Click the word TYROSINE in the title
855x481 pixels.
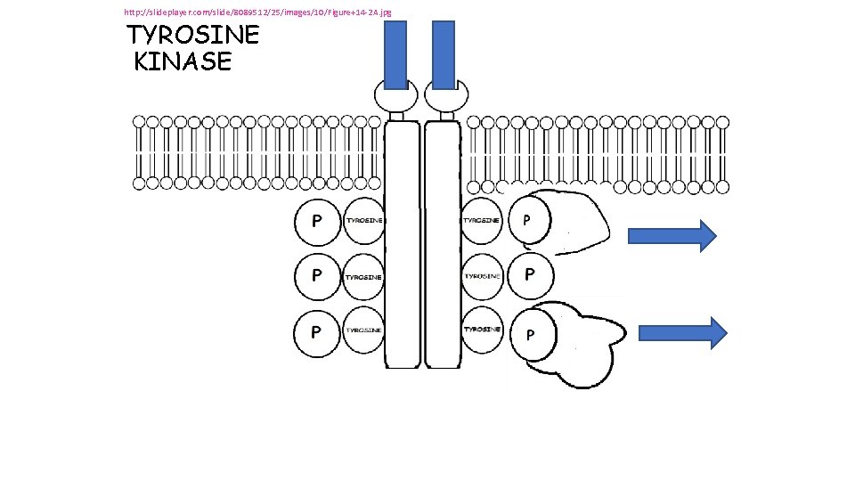(193, 36)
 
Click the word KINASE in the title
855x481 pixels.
(183, 61)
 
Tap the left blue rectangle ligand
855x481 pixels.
(395, 55)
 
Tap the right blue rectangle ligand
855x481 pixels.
(443, 55)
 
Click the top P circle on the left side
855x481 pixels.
(317, 221)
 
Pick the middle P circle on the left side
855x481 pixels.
(317, 276)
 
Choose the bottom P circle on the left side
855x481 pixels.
(317, 332)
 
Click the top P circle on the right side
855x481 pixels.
(529, 219)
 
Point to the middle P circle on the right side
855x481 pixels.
(530, 275)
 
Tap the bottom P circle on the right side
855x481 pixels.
(530, 335)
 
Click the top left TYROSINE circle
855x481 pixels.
(363, 220)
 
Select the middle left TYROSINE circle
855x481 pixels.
(363, 276)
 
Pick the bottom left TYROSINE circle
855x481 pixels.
(363, 330)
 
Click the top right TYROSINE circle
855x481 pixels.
(482, 220)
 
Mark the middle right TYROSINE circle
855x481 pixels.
(482, 276)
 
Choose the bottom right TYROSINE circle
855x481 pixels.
(482, 330)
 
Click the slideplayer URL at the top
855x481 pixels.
(257, 12)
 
